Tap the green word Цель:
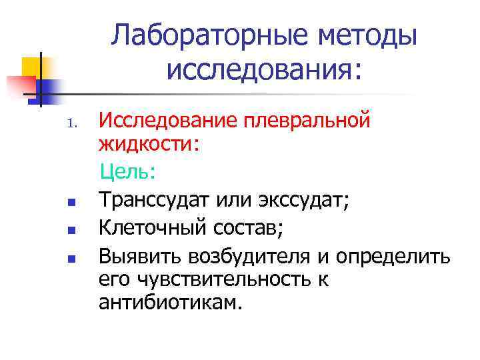tap(128, 173)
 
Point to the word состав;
tap(246, 228)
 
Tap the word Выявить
tap(141, 256)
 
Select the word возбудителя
tap(257, 256)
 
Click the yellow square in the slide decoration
tap(31, 67)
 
